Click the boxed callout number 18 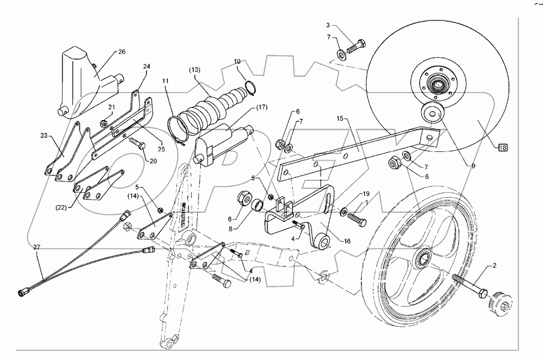502,147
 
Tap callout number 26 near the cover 121,52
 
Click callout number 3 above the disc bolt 328,25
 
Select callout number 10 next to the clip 237,61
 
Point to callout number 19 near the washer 366,194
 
